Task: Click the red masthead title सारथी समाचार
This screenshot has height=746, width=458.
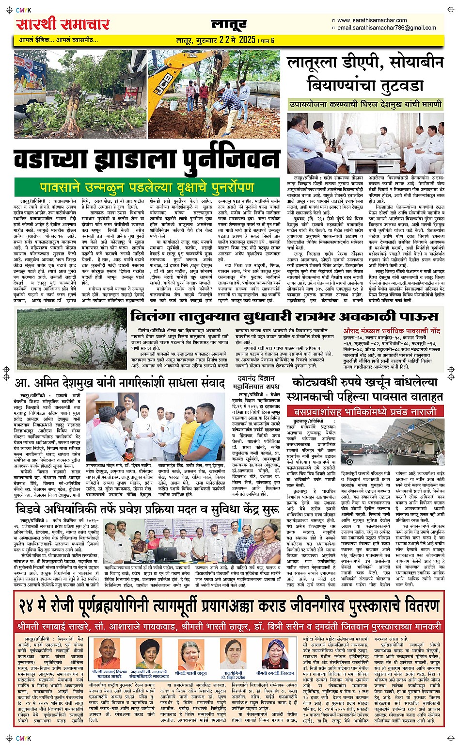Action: tap(63, 24)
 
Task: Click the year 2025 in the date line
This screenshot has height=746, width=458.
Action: tap(247, 40)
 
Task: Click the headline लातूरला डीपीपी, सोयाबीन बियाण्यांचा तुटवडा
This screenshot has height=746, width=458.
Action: tap(365, 73)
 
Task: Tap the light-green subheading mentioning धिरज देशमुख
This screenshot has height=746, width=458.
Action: tap(365, 104)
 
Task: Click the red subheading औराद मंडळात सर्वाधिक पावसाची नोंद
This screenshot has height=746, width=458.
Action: tap(392, 330)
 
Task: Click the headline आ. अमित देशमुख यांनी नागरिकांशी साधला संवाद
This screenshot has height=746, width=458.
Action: tap(120, 383)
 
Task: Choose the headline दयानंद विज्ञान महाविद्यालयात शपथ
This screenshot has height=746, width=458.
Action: tap(256, 382)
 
